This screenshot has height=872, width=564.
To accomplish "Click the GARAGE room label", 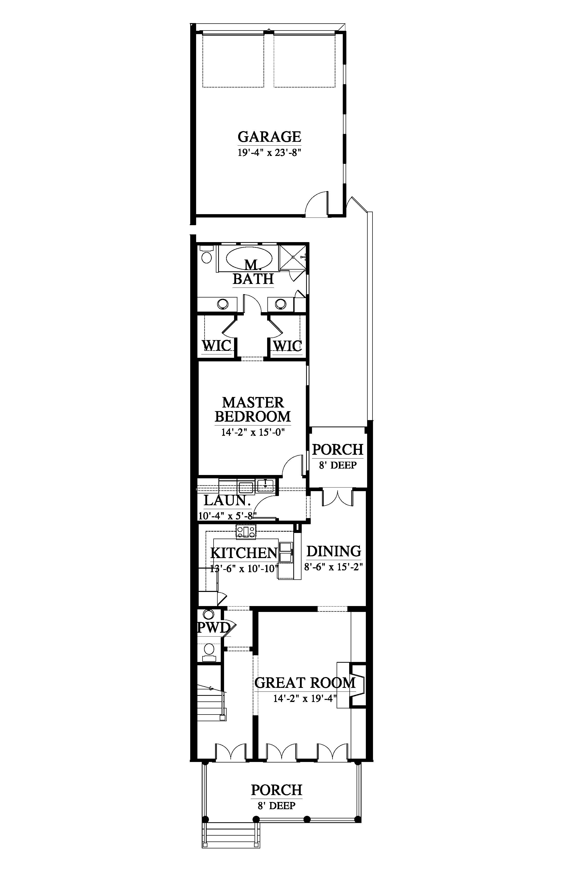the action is tap(269, 137).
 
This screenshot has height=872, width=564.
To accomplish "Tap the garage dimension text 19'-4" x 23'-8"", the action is tap(269, 152).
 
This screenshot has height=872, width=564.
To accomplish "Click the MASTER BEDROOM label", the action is tap(253, 409).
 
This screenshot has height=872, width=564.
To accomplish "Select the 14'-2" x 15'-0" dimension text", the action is tap(253, 432).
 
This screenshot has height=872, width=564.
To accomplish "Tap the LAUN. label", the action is tap(225, 500).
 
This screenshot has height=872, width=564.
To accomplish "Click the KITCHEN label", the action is tap(244, 553).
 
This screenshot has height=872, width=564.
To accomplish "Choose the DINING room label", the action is tap(334, 551).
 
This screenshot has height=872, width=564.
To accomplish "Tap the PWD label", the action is tap(214, 628).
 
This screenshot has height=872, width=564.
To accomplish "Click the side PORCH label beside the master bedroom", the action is tap(337, 450).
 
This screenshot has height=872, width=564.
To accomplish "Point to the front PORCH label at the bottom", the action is tap(277, 790).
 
